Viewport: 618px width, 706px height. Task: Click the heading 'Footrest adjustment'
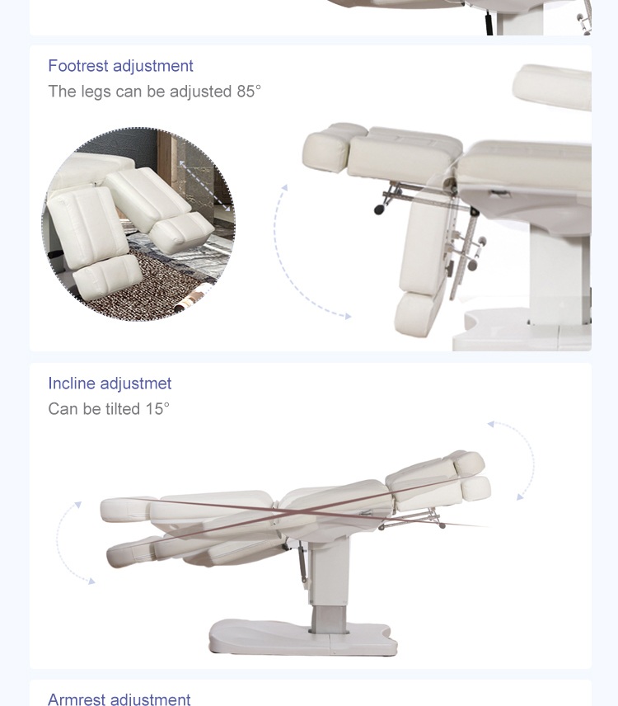[120, 66]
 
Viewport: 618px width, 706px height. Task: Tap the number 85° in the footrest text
[249, 92]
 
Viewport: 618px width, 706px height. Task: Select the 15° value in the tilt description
[157, 409]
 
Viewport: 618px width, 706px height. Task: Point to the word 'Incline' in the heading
[72, 384]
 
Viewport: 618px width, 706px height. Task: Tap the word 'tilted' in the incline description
[123, 409]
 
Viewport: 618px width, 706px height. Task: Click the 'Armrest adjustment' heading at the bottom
[119, 699]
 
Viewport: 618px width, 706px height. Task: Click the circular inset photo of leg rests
[138, 224]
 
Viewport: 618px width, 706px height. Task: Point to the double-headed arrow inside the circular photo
[204, 186]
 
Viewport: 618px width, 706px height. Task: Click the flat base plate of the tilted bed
[303, 637]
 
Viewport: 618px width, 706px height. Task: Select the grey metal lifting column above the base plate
[329, 619]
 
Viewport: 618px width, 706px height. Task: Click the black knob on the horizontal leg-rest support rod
[380, 209]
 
